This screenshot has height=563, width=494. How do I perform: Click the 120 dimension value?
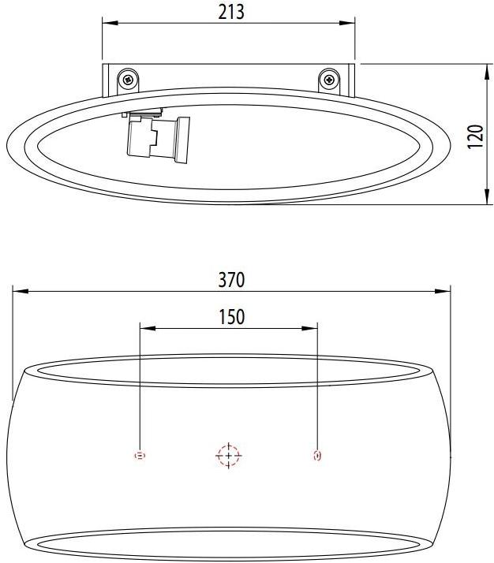click(474, 135)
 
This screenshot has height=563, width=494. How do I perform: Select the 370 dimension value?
click(231, 279)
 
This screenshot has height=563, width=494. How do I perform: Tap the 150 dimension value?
click(230, 316)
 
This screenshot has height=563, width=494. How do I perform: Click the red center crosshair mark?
click(229, 456)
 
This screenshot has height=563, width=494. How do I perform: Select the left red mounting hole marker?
click(140, 456)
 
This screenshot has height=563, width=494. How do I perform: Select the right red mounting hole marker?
click(317, 456)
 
